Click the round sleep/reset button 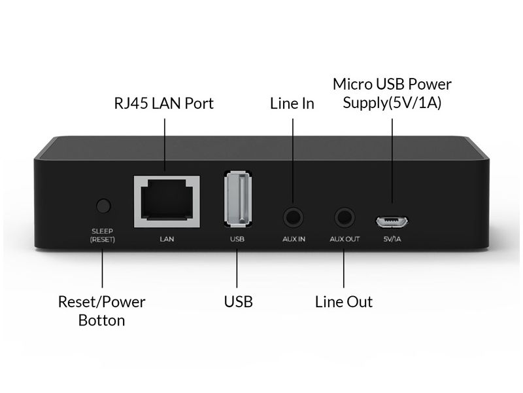pos(103,206)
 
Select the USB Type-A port pos(238,198)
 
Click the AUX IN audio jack pos(293,217)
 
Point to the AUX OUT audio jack pos(345,217)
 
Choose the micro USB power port pos(392,221)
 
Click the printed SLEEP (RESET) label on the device pos(103,235)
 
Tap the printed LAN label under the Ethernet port pos(167,239)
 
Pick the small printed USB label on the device pos(237,239)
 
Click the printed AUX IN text pos(294,239)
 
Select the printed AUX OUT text pos(345,239)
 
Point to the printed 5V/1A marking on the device pos(392,239)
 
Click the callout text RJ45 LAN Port pos(164,103)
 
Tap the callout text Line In pos(292,103)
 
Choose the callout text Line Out pos(344,302)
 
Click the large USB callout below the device pos(238,302)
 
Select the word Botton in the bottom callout pos(102,320)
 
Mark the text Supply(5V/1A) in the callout pos(392,103)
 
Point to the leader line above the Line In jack pos(293,160)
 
